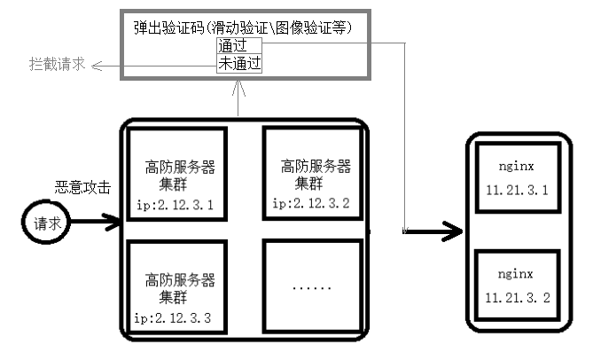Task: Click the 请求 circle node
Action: [x=47, y=223]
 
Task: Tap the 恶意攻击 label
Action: [x=83, y=187]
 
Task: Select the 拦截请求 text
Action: [x=57, y=65]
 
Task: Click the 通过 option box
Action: [x=238, y=45]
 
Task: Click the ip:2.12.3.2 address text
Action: [x=311, y=204]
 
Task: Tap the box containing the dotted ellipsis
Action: [x=311, y=286]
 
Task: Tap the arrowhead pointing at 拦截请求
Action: [x=98, y=66]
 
